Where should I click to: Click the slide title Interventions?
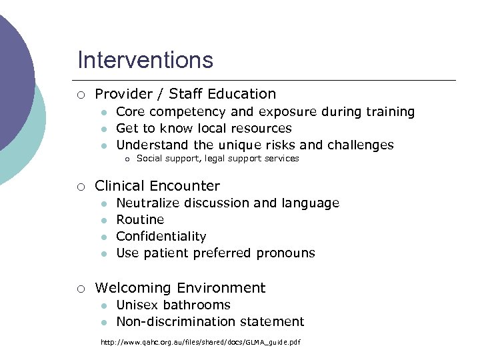[x=145, y=60]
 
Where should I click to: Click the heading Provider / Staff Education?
[x=185, y=94]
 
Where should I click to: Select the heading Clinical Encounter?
[x=157, y=186]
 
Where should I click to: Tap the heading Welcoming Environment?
[x=180, y=288]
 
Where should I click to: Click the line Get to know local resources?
[x=204, y=128]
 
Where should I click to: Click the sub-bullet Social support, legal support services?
[x=217, y=159]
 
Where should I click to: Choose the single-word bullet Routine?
[x=140, y=219]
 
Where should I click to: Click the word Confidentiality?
[x=161, y=236]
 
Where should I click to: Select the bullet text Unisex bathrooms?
[x=173, y=305]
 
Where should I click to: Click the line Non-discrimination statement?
[x=210, y=321]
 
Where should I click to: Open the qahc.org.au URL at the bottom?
[x=200, y=342]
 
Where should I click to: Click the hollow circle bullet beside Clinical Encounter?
[x=80, y=187]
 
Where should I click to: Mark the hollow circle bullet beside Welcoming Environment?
[x=80, y=289]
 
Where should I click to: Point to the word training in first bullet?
[x=390, y=112]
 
